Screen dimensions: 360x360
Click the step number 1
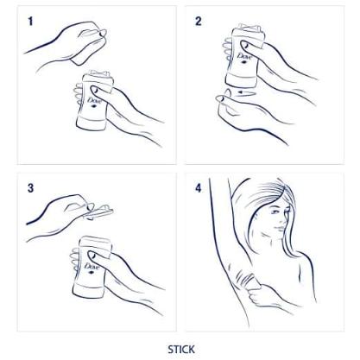click(30, 22)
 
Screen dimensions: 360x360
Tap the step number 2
click(199, 22)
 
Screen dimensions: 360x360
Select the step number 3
click(30, 188)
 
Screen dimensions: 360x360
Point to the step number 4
click(199, 188)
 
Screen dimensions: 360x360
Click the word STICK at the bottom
click(181, 350)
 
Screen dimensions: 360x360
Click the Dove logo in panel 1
click(93, 102)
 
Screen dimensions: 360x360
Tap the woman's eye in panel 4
click(275, 212)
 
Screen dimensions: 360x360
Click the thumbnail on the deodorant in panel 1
click(94, 91)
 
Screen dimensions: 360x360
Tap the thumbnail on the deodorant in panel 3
click(92, 256)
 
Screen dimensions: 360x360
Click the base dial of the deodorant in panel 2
click(240, 80)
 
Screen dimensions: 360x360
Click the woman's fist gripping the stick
click(258, 295)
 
